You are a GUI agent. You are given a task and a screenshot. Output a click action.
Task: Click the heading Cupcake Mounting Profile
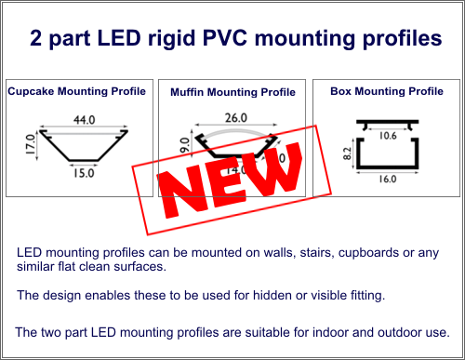77,91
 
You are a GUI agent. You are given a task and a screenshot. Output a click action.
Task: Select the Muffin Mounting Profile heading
232,93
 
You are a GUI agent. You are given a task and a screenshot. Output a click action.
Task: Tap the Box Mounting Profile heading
387,91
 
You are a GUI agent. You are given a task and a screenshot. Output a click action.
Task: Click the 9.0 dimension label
185,146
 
